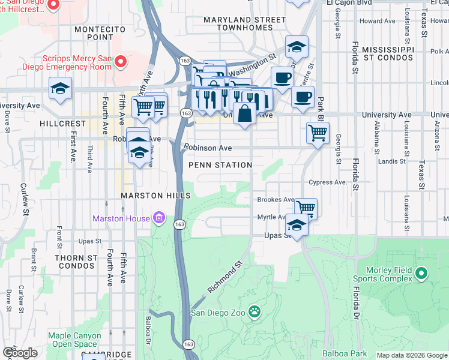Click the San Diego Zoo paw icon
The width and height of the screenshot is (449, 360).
coord(255,311)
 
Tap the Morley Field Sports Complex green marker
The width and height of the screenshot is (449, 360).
coord(421,274)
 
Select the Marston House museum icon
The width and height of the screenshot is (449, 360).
coord(159,218)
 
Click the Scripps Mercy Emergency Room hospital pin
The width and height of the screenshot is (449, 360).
coord(120,62)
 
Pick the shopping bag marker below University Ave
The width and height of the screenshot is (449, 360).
coord(245,113)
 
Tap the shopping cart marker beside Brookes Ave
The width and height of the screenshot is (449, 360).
coord(306,208)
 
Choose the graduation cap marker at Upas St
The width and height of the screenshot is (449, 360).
coord(297,225)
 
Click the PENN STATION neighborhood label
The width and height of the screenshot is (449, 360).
coord(220,165)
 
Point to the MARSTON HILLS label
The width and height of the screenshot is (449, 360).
coord(155,196)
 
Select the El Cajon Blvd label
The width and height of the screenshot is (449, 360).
coord(346,3)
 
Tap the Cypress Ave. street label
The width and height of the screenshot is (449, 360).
coord(328,182)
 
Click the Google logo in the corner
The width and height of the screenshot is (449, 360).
coord(19,353)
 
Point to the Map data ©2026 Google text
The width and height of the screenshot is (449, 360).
coord(411,355)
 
